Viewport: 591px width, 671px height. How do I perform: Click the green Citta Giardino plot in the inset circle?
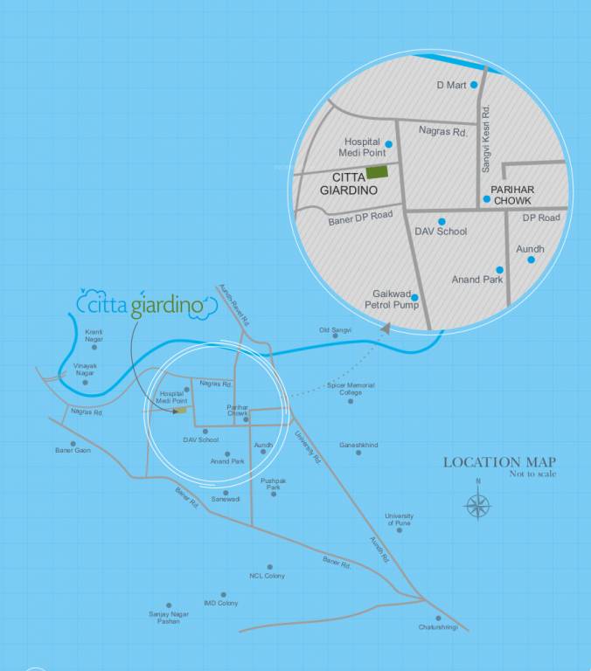click(378, 173)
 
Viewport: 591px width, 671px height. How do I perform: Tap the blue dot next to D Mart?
click(474, 85)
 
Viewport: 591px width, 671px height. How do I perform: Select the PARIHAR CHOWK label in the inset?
click(512, 195)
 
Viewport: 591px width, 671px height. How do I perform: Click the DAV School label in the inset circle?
click(441, 232)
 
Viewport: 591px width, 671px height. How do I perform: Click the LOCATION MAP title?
click(499, 462)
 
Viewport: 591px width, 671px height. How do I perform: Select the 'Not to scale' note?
click(532, 474)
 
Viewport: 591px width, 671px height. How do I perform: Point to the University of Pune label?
click(400, 519)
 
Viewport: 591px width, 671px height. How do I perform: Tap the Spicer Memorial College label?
click(351, 389)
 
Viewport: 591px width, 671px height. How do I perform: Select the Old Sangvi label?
click(335, 329)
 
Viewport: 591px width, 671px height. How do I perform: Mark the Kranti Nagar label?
click(94, 335)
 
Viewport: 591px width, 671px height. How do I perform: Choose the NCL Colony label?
click(267, 576)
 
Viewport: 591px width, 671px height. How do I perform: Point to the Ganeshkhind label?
click(358, 445)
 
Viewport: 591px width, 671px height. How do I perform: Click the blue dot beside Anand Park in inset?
click(499, 270)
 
